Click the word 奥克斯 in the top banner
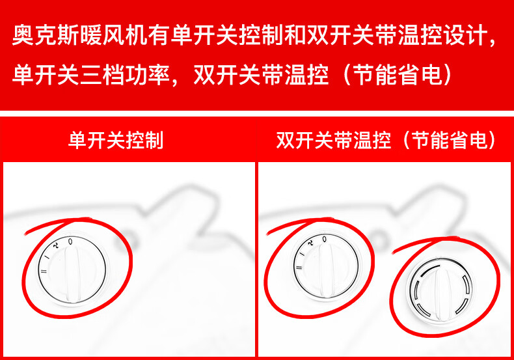pos(46,35)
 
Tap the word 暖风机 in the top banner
pos(113,35)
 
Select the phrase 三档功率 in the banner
pos(124,75)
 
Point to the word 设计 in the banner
pos(465,35)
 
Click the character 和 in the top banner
pos(295,35)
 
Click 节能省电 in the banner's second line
pos(398,75)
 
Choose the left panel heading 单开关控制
pos(116,141)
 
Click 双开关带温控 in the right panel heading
pos(333,141)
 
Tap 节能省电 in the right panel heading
pos(450,141)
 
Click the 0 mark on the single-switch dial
pos(70,242)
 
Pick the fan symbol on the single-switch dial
pos(56,245)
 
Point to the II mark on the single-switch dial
pos(44,271)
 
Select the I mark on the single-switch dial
pos(48,257)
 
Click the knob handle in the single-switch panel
pos(72,274)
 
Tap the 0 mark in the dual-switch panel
pos(324,239)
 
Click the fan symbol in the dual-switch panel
pos(310,243)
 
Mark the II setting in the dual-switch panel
pos(299,268)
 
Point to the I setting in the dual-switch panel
pos(303,255)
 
